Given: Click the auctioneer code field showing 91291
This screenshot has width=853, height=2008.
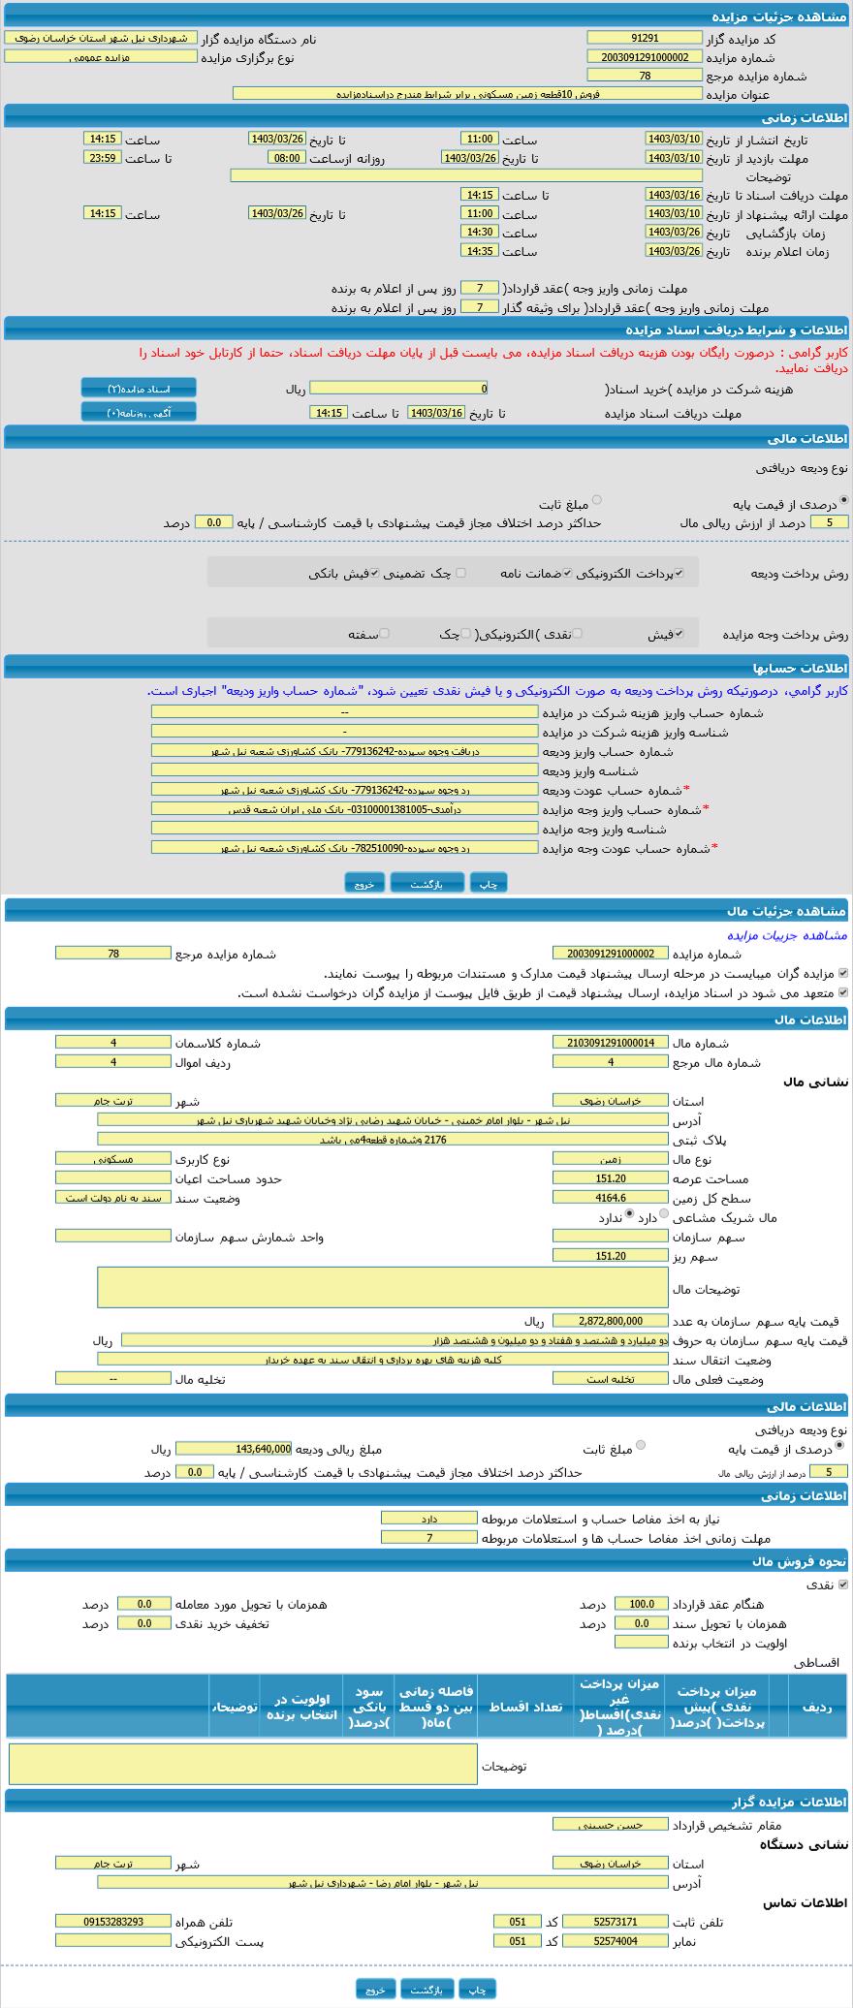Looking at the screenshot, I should tap(644, 38).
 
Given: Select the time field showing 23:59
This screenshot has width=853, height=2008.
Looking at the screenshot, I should tap(102, 158).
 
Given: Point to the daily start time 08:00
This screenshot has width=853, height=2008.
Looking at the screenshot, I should tap(286, 158).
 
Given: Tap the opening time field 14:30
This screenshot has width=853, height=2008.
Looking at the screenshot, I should tap(480, 233).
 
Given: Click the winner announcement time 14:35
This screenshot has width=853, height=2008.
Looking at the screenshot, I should tap(480, 251).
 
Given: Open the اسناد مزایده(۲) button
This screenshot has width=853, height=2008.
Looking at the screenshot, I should tap(139, 389).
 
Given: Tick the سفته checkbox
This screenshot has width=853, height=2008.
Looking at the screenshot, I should tap(385, 633).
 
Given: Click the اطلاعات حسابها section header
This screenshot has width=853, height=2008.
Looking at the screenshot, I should tap(426, 668).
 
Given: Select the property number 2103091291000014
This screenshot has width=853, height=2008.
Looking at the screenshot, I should tap(611, 1043).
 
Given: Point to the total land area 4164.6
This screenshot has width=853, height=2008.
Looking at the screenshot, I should tap(611, 1198).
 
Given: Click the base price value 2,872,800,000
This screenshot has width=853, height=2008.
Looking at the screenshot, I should tap(611, 1321).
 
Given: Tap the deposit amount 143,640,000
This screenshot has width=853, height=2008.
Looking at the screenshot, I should tap(234, 1449).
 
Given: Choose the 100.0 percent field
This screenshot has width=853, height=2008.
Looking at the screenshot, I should tap(642, 1604).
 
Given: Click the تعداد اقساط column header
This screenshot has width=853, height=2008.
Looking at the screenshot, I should tap(524, 1707).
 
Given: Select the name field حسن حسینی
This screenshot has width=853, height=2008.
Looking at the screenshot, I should tap(611, 1824).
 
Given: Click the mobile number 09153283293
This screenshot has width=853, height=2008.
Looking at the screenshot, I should tap(112, 1922).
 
